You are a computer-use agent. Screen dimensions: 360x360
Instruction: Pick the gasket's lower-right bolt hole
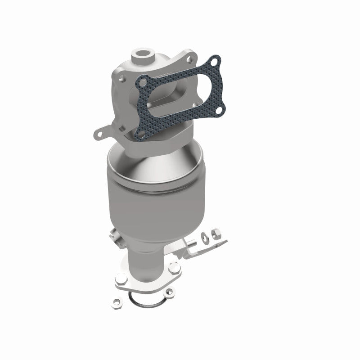click(220, 108)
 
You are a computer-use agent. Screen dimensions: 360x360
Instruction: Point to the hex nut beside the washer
click(215, 234)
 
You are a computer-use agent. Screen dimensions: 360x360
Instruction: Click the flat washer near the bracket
click(203, 235)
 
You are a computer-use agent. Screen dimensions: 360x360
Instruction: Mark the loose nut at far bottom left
click(115, 302)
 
